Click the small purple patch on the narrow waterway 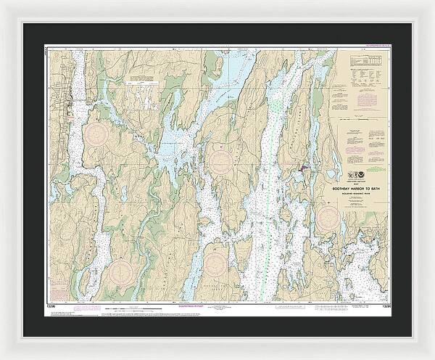pos(302,170)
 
